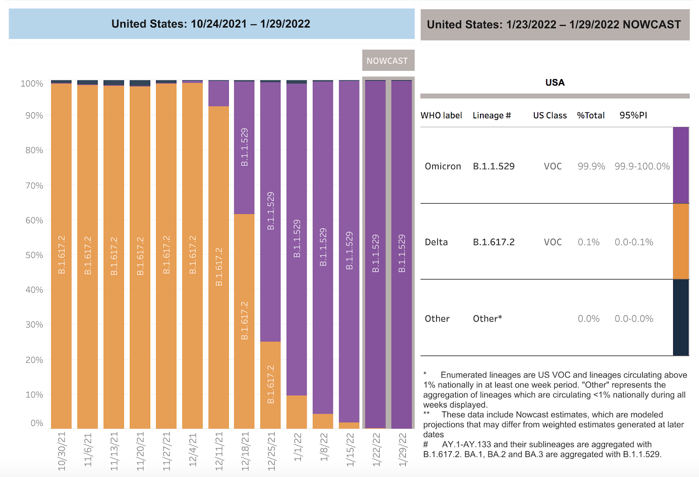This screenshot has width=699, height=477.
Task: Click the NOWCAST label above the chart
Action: click(x=387, y=61)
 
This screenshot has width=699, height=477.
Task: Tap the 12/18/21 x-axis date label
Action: click(x=245, y=451)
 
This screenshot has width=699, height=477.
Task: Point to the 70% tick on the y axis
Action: click(x=34, y=185)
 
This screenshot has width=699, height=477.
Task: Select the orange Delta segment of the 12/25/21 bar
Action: click(x=270, y=384)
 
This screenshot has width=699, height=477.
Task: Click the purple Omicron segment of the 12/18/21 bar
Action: click(x=244, y=147)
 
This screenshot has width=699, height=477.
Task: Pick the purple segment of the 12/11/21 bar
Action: click(x=218, y=93)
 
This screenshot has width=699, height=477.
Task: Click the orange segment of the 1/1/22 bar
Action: click(x=297, y=411)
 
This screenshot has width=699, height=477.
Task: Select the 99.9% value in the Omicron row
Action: click(x=591, y=166)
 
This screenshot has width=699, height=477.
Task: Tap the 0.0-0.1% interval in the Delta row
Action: click(x=634, y=242)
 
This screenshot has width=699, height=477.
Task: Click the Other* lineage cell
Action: click(x=487, y=319)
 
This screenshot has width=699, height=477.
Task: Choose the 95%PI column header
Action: click(x=633, y=115)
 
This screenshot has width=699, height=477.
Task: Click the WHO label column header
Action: click(x=441, y=115)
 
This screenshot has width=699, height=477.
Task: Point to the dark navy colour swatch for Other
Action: click(x=681, y=318)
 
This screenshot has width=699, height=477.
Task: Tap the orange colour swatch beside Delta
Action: click(x=681, y=241)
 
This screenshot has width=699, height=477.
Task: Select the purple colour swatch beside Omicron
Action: click(x=681, y=165)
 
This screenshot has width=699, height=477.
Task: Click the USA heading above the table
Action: click(x=555, y=83)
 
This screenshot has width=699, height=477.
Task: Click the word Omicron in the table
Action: click(x=443, y=166)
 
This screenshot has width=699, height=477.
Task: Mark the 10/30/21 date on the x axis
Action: click(x=62, y=451)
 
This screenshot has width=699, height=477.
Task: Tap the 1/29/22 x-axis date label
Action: click(x=402, y=449)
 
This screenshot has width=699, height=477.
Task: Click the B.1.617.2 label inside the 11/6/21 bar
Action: click(x=88, y=255)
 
